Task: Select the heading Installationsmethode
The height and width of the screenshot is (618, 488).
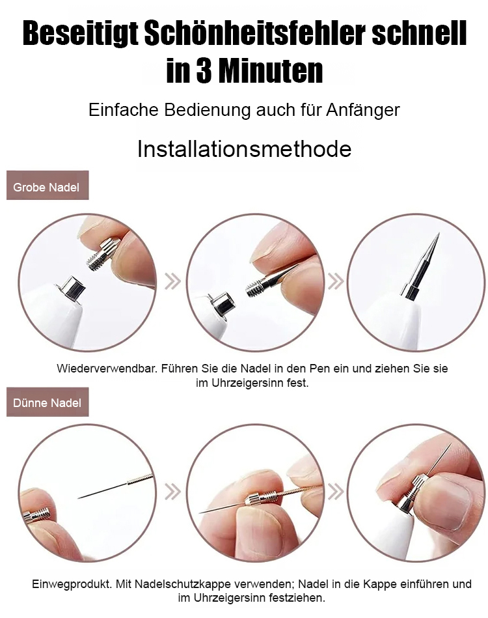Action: pos(244,149)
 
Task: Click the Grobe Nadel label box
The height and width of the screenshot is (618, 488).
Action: pos(47,185)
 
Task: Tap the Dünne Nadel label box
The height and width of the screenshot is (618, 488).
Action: pos(47,402)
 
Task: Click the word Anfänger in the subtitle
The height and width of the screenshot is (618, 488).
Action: pos(363,110)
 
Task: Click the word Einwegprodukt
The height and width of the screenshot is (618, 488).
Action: pos(72,583)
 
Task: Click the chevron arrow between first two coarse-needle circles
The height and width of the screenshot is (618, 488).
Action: pos(172,281)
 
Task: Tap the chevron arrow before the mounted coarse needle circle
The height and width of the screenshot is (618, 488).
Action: pos(336,281)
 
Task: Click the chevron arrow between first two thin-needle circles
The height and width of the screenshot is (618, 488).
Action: pos(172,491)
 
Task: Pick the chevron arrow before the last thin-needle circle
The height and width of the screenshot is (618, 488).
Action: pos(336,491)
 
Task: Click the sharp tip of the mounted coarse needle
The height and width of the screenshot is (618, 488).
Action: pos(438,234)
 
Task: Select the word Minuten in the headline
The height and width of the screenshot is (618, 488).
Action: pos(271,71)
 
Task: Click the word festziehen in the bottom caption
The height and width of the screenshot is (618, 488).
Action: pos(297,598)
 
